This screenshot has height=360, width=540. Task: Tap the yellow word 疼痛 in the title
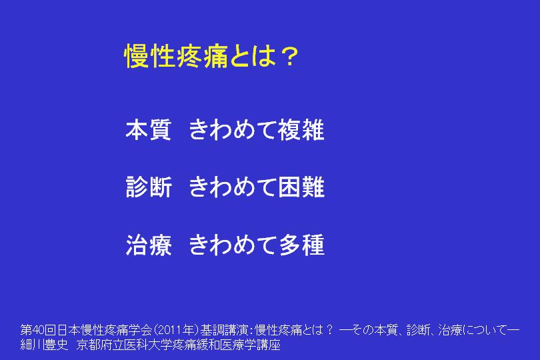[202, 56]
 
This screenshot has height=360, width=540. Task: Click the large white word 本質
[149, 130]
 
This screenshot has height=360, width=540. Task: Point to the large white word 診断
[149, 187]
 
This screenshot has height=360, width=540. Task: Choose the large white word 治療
[149, 245]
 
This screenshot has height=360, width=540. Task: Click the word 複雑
[301, 130]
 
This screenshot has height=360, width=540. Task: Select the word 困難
[301, 187]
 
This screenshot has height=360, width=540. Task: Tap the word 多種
[301, 245]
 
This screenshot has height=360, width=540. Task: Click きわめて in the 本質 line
[233, 130]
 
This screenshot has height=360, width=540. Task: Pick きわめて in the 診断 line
[233, 187]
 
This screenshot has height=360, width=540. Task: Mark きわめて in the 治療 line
[233, 245]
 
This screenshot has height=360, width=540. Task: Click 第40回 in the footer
[38, 330]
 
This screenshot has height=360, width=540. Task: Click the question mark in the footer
[329, 330]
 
